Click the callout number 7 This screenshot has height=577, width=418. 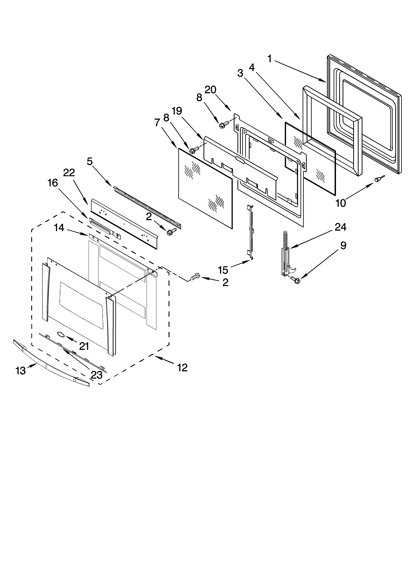point(157,123)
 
